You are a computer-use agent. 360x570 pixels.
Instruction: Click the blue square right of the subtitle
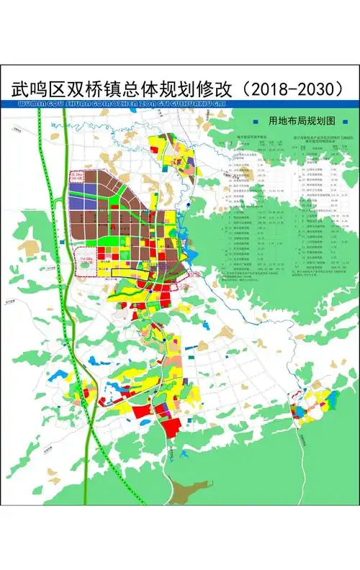coord(346,121)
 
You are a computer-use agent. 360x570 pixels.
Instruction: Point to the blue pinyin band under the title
coord(180,104)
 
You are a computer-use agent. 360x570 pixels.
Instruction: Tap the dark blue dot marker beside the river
coord(188,205)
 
